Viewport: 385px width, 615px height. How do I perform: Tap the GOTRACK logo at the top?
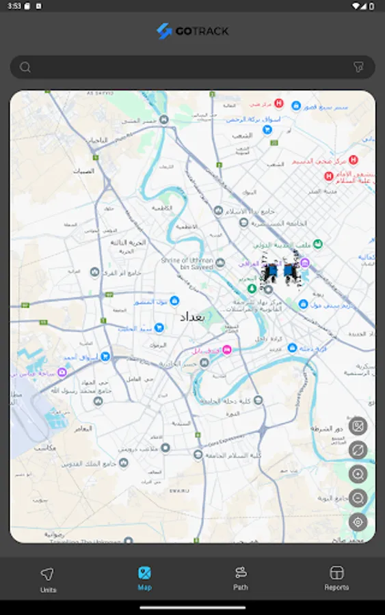[x=192, y=31]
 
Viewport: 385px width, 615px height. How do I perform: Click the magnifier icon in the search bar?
[x=25, y=67]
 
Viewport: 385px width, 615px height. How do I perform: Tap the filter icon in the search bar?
[x=358, y=67]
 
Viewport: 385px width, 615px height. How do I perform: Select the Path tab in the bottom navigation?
[x=240, y=578]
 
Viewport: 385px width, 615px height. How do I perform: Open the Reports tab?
[x=336, y=578]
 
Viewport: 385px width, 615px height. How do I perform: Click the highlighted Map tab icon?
[x=144, y=573]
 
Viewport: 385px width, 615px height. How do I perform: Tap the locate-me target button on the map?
[x=358, y=523]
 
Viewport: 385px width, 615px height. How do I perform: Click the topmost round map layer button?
[x=358, y=426]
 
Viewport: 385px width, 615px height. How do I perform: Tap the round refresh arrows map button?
[x=358, y=450]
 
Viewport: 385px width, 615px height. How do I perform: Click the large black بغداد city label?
[x=192, y=318]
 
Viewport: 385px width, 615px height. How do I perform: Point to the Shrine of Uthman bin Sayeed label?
[x=187, y=264]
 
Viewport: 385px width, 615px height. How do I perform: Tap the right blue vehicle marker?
[x=291, y=272]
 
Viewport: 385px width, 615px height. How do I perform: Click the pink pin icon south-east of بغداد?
[x=227, y=350]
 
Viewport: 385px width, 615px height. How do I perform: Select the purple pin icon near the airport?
[x=62, y=372]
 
